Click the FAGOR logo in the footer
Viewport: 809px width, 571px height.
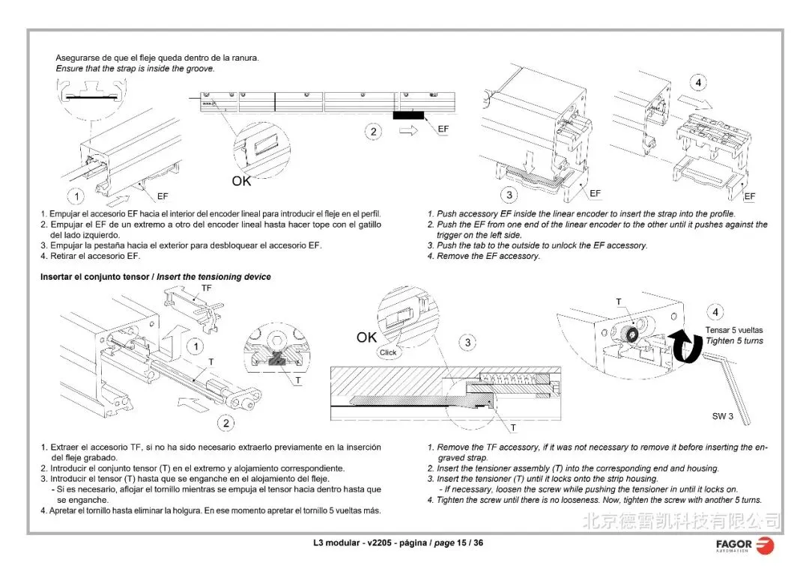tap(745, 545)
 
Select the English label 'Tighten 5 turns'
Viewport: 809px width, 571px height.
tap(734, 341)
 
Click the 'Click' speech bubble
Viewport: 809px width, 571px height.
tap(388, 352)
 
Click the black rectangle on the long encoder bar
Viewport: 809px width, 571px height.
tap(409, 115)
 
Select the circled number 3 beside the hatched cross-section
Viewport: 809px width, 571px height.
tap(467, 343)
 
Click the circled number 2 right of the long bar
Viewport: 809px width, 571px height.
tap(373, 132)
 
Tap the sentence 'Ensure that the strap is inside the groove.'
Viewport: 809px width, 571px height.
tap(135, 69)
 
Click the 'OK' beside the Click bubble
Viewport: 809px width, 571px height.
tap(366, 338)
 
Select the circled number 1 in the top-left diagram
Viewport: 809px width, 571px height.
tap(76, 197)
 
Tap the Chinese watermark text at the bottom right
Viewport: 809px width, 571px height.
tap(681, 520)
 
